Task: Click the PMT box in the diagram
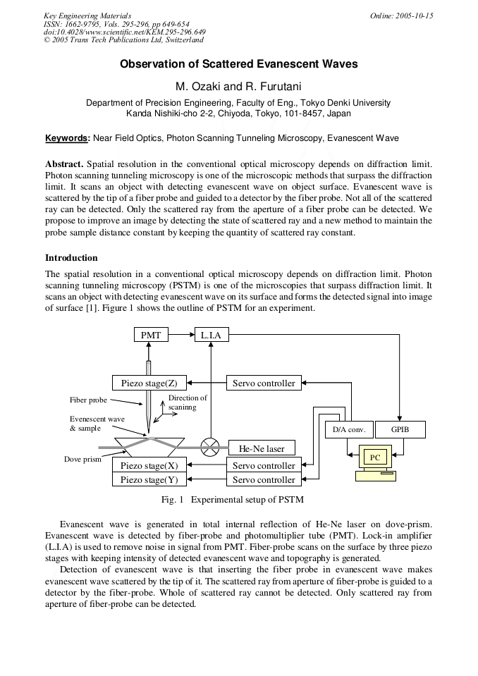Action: coord(151,335)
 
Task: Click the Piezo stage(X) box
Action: coord(149,465)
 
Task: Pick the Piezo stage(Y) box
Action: coord(149,479)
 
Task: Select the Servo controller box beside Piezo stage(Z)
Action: coord(264,383)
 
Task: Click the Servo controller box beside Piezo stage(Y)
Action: coord(264,479)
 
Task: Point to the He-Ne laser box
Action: coord(262,448)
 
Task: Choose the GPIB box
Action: coord(400,429)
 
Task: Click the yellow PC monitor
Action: coord(375,457)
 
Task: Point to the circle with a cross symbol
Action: coord(210,447)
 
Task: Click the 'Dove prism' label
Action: coord(82,459)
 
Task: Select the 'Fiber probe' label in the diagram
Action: coord(88,400)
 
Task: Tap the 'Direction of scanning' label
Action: coord(188,402)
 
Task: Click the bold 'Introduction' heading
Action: coord(71,257)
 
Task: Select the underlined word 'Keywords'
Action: coord(67,138)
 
